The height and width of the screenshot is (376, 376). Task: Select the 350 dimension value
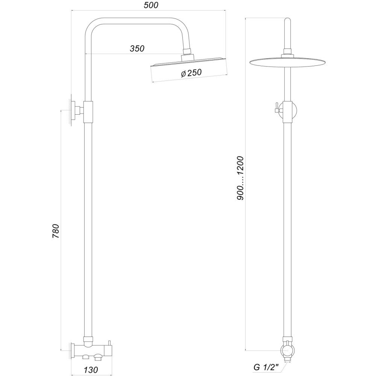pos(137,48)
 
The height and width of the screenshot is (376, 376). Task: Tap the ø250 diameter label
pos(191,74)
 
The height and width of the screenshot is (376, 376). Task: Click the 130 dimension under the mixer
pos(91,370)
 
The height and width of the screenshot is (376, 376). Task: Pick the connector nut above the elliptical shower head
pos(287,53)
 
